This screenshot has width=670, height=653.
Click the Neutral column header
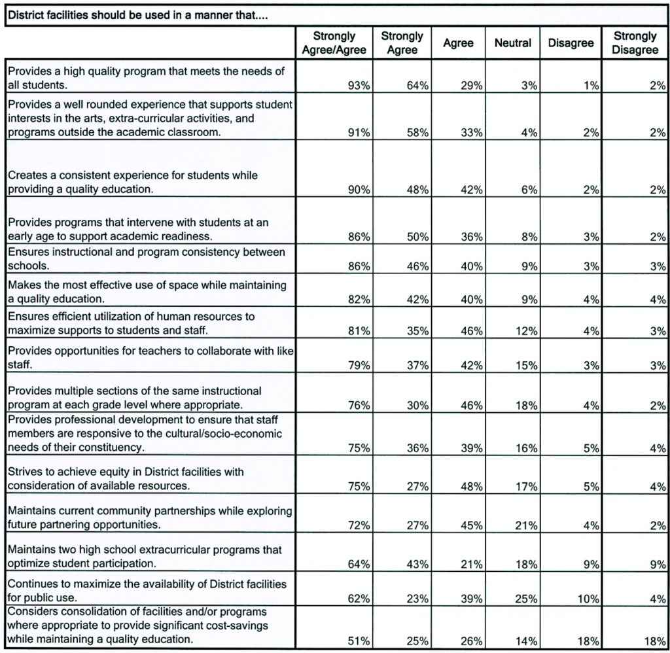[x=513, y=43]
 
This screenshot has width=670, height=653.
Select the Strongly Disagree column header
[x=635, y=43]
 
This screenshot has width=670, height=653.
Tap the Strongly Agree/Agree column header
[x=334, y=43]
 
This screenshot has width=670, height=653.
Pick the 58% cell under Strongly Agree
[x=417, y=133]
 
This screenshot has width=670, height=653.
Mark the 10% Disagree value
[x=586, y=598]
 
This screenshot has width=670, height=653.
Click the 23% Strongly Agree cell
[x=417, y=598]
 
